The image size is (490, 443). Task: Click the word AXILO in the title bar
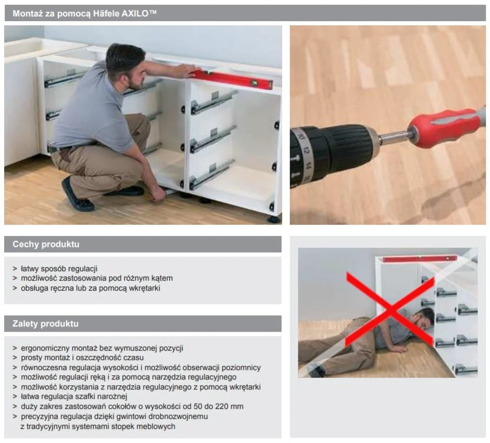click(x=136, y=14)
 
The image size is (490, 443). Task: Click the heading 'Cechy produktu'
click(x=46, y=244)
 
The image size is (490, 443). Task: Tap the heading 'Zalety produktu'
click(x=45, y=324)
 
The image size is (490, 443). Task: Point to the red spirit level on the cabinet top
click(x=233, y=78)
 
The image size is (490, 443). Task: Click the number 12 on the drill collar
click(x=306, y=151)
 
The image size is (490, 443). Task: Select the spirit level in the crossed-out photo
click(x=420, y=259)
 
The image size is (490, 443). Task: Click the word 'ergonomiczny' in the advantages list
click(x=45, y=348)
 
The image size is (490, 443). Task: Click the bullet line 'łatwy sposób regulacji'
click(x=59, y=268)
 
